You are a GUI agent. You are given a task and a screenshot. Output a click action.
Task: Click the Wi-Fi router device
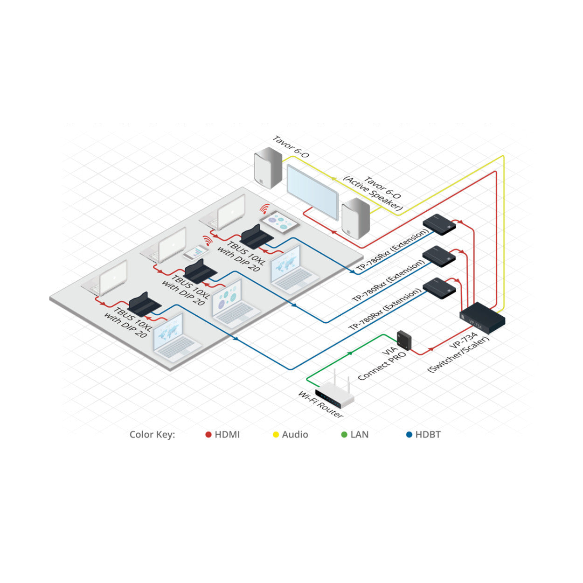coord(334,394)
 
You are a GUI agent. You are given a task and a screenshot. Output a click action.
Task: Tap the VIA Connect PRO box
coord(404,340)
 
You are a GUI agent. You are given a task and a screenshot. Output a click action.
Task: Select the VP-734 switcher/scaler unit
coord(482,318)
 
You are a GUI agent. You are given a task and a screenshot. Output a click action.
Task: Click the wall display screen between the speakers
coord(312,192)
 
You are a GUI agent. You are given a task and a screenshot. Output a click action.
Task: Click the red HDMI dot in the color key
coord(208,435)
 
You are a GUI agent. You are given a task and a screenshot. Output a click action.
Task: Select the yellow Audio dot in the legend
coord(276,435)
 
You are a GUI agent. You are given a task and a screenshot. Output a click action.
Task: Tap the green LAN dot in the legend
coord(344,435)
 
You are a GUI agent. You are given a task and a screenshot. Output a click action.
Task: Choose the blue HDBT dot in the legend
coord(409,435)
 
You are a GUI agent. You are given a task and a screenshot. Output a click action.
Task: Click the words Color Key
coord(152,435)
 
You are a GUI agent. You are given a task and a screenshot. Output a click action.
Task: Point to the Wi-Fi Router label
coord(320,404)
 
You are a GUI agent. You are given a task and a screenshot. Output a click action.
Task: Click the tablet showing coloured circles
coord(279,221)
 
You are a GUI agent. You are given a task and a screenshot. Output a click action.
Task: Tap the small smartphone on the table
coord(196,252)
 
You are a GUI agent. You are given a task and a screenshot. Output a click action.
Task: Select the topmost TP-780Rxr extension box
coord(439,224)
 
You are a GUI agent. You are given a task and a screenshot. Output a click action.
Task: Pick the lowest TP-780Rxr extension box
coord(439,288)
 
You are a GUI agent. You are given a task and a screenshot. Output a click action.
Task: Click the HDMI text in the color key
coord(227,435)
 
